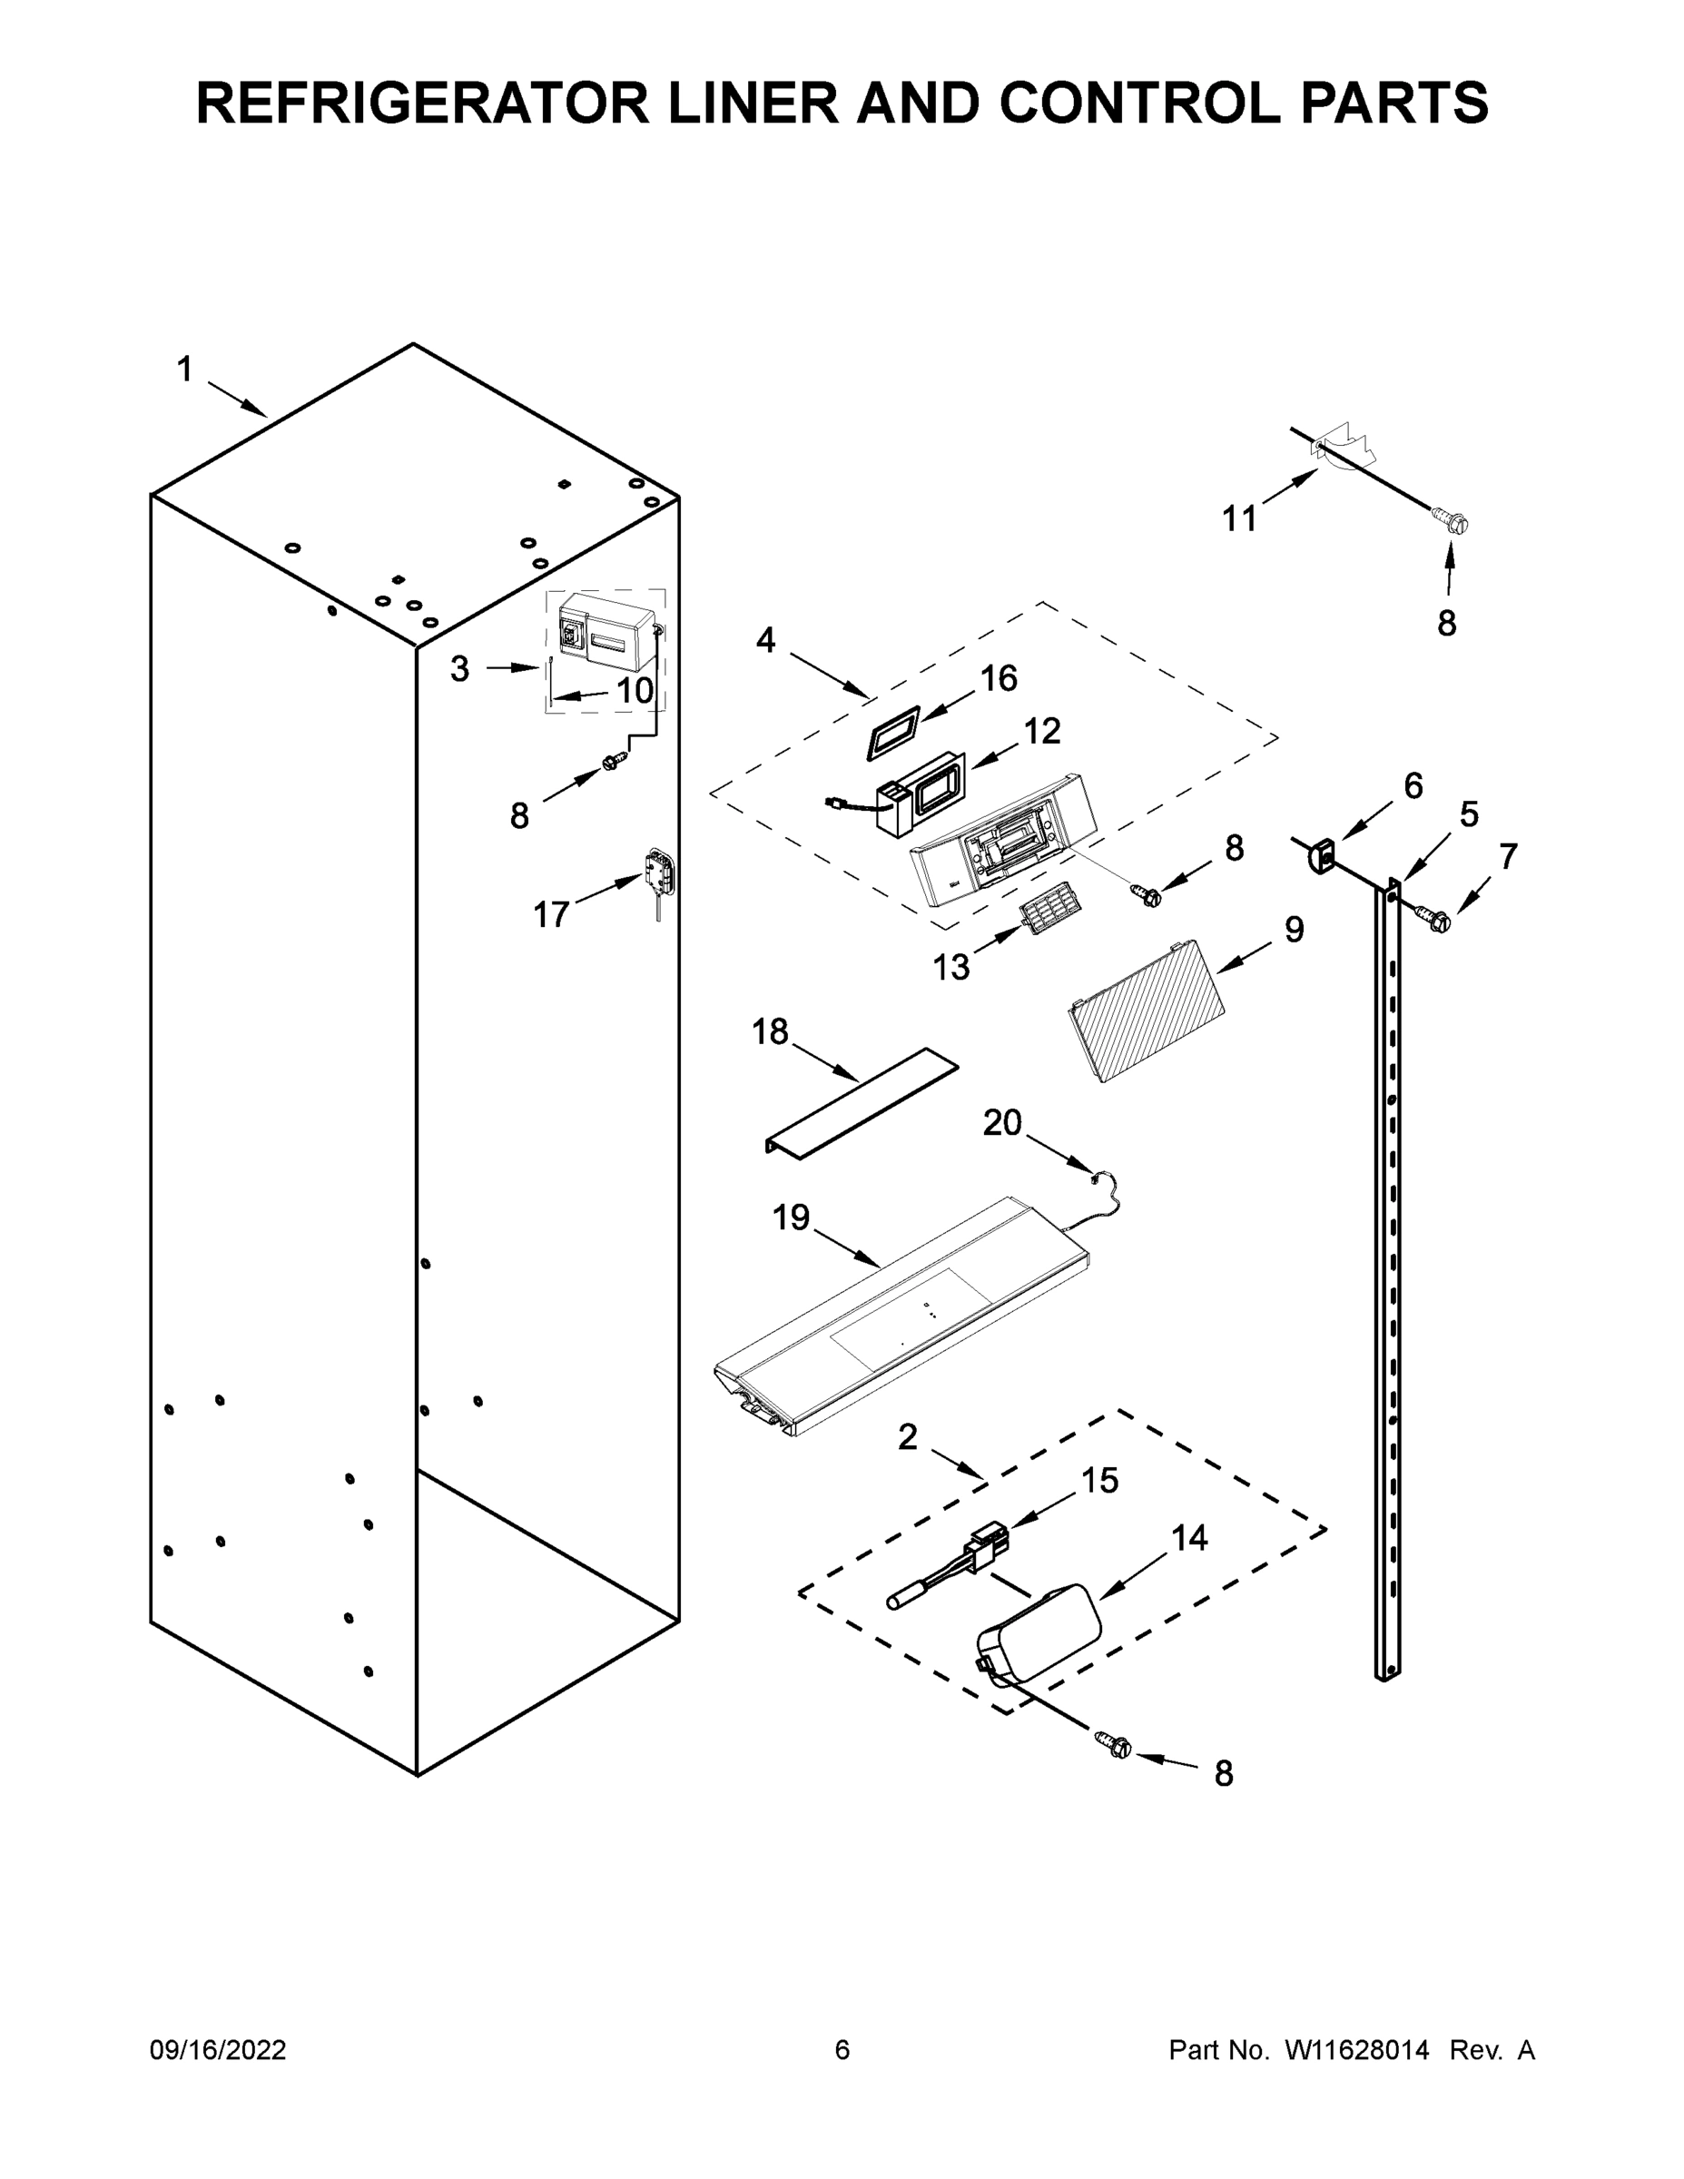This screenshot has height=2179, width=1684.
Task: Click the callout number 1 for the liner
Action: coord(184,370)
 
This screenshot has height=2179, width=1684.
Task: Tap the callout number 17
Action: coord(551,914)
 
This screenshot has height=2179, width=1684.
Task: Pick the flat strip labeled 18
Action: coord(861,1102)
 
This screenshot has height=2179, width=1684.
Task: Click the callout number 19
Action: coord(791,1218)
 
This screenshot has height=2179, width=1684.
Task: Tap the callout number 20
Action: coord(1002,1123)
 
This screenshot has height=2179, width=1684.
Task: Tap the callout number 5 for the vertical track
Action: coord(1469,814)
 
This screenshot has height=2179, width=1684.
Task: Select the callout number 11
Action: coord(1240,518)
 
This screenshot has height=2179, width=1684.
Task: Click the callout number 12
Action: coord(1041,731)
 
